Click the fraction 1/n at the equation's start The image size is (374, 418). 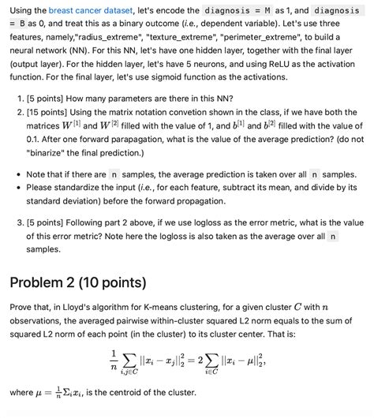tap(114, 356)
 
